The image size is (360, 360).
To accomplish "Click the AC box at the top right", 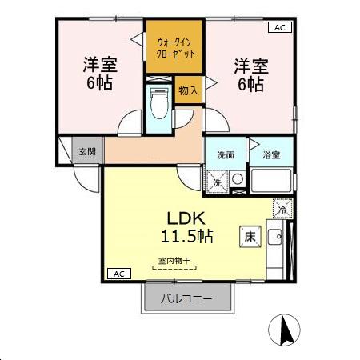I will tap(280, 27).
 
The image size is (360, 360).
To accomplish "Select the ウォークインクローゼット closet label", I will tap(174, 47).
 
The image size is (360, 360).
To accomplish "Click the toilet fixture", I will tap(158, 102).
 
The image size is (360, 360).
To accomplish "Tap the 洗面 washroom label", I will tap(225, 155).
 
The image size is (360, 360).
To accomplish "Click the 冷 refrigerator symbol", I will tap(282, 210).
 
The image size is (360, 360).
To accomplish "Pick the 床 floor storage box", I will tap(248, 236).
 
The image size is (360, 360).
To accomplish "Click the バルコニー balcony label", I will tap(186, 299).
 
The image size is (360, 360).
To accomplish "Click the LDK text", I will tap(186, 217).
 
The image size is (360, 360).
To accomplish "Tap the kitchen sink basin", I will tap(274, 238).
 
